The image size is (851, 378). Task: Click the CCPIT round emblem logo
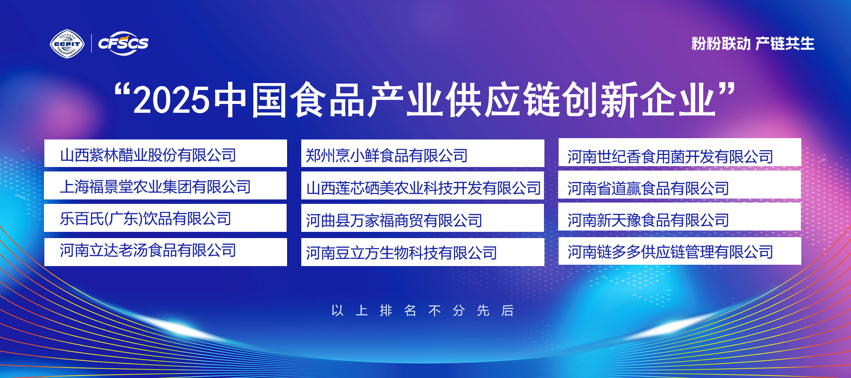67,44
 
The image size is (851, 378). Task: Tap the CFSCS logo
123,44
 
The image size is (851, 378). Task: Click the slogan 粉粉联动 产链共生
753,44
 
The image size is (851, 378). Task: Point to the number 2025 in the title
171,100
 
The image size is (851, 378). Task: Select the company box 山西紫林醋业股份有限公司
165,153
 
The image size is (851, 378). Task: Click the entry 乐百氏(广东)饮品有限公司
165,218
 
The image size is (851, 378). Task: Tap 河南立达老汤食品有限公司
165,252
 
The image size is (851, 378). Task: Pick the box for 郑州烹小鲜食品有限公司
423,153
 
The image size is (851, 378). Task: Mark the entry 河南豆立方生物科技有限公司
423,252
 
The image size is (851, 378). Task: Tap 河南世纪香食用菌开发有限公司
680,152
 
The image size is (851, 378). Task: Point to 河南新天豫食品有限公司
680,216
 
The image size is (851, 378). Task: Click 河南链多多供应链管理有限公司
680,251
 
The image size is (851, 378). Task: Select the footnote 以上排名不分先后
422,310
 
